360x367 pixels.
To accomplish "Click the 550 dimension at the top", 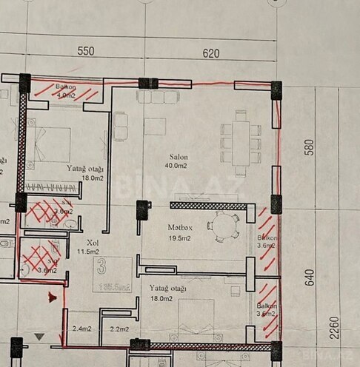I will point(87,52).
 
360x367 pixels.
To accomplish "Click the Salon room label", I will point(178,157).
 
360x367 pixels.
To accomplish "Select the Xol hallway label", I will point(92,242).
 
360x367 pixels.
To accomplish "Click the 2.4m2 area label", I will point(81,329).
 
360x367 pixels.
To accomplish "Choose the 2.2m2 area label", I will point(120,329).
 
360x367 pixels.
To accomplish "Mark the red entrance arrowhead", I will point(52,297).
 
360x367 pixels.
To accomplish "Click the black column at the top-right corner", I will point(276,90).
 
